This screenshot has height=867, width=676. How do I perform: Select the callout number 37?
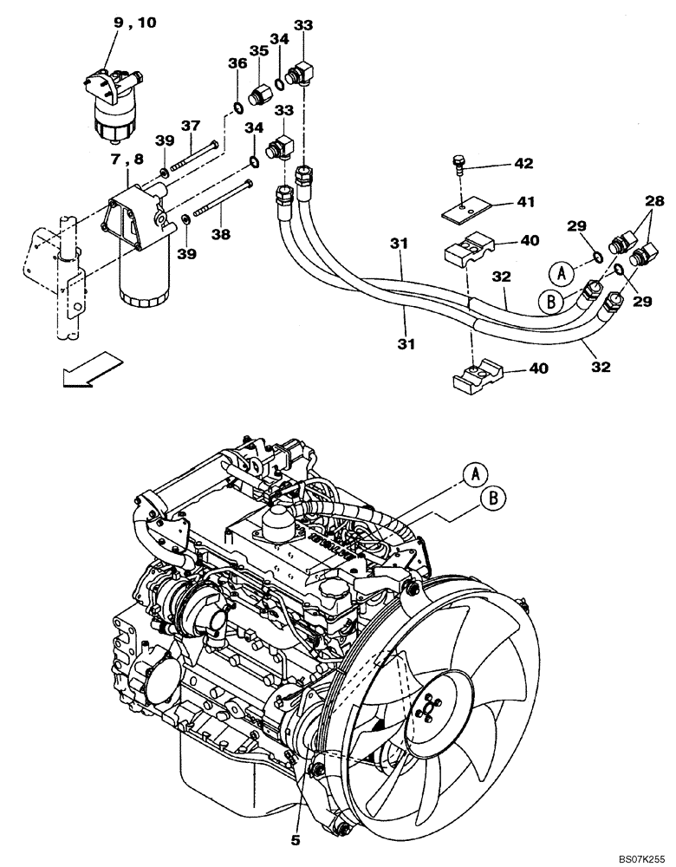click(190, 127)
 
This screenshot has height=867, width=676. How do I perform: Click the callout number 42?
click(523, 163)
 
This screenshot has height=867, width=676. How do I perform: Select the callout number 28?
click(652, 201)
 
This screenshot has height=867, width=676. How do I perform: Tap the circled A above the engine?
click(473, 474)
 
